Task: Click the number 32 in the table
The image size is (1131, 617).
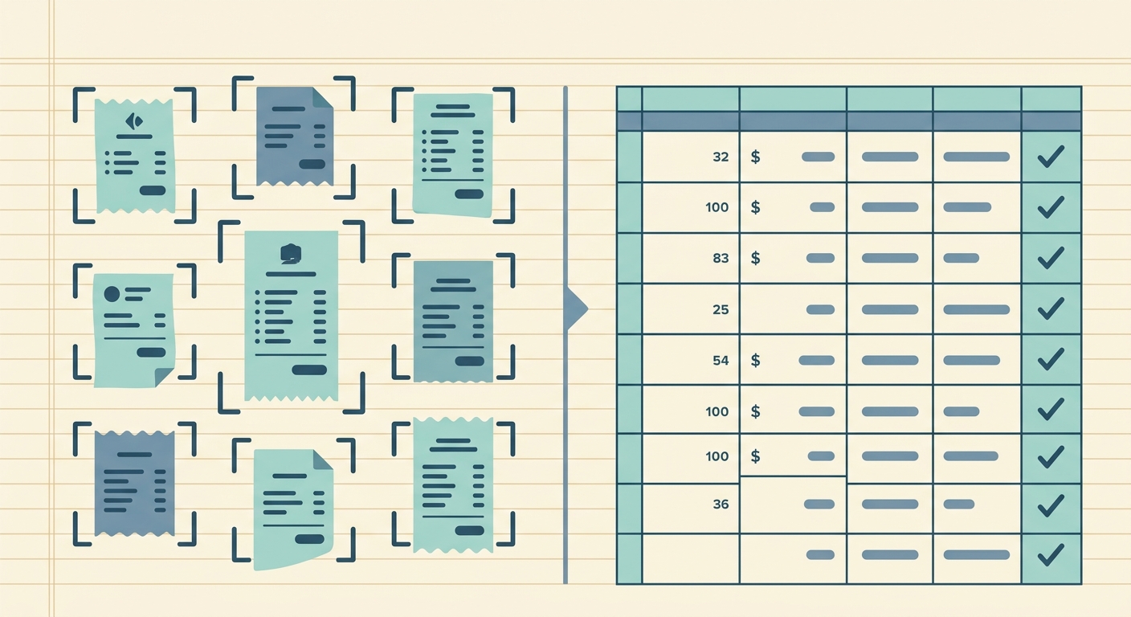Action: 721,157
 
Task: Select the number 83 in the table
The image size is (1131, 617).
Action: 721,259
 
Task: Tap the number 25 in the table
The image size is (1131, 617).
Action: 721,309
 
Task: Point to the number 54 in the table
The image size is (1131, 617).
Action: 721,361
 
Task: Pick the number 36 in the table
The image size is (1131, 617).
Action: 721,505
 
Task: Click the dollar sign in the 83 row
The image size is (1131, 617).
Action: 755,258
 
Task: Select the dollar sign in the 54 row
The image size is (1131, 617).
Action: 755,360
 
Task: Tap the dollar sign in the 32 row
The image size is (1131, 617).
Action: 755,157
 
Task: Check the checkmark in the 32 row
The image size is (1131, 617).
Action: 1051,157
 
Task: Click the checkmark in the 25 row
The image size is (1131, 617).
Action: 1051,309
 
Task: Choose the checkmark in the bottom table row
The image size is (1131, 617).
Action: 1051,555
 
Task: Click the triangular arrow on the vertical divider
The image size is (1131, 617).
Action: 577,309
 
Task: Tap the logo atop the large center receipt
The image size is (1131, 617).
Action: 290,254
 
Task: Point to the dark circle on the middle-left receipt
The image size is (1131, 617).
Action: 112,294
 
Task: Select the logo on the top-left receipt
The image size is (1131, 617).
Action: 134,121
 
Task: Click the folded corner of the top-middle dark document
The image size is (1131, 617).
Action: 322,98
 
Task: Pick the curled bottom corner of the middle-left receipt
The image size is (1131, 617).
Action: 164,377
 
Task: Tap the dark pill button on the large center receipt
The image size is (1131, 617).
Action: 309,370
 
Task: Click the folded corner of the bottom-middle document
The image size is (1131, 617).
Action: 323,460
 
